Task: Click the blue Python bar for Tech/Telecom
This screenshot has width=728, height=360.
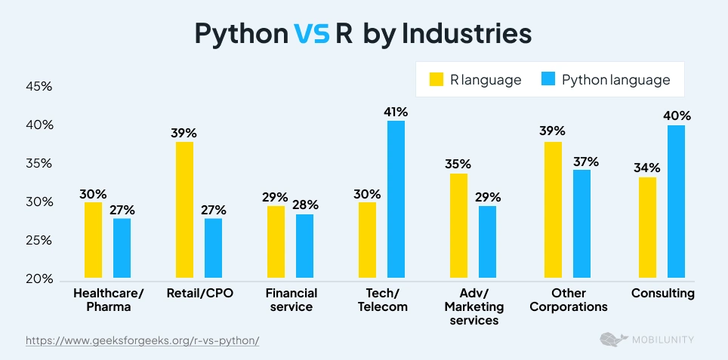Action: tap(396, 200)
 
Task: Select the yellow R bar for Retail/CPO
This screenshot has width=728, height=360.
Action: tap(184, 211)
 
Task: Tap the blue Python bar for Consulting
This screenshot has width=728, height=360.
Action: tap(676, 202)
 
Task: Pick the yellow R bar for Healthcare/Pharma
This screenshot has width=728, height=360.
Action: tap(93, 241)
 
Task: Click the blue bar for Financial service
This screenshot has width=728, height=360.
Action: tap(304, 247)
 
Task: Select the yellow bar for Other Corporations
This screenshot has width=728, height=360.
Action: tap(553, 211)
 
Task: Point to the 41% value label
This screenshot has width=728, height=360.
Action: tap(395, 111)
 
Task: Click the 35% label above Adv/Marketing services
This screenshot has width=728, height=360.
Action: tap(458, 164)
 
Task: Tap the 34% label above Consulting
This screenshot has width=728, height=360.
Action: tap(647, 168)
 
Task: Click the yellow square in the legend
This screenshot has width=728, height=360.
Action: tap(436, 80)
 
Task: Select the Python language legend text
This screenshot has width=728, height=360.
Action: tap(615, 80)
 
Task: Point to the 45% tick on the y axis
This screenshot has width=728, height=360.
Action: tap(39, 87)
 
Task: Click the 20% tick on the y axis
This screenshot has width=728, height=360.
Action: tap(39, 279)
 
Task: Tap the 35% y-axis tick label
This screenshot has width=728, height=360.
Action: tap(39, 164)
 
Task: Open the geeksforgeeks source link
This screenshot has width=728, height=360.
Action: tap(143, 340)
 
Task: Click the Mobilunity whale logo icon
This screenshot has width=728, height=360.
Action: tap(611, 340)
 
